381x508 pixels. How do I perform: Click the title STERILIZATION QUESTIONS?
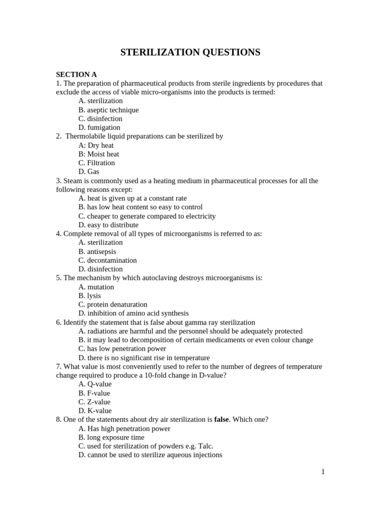[x=190, y=53]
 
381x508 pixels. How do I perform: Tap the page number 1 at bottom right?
[x=323, y=472]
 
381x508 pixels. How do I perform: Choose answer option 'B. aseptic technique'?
[x=108, y=110]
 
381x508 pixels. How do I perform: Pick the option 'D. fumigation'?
[x=99, y=127]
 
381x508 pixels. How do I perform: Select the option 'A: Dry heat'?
[x=96, y=145]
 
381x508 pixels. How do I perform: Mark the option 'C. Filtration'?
[x=96, y=163]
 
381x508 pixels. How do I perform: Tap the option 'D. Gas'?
[x=89, y=172]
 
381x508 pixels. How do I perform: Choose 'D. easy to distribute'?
[x=108, y=225]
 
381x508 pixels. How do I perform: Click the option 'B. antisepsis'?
[x=97, y=252]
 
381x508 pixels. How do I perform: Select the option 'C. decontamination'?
[x=107, y=260]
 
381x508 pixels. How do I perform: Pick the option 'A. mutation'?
[x=96, y=287]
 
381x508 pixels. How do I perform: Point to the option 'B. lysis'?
[x=89, y=296]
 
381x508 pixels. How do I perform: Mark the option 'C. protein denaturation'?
[x=113, y=305]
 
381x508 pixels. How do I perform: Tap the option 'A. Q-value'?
[x=95, y=384]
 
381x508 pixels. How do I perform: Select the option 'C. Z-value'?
[x=94, y=402]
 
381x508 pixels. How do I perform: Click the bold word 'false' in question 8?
[x=221, y=420]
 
